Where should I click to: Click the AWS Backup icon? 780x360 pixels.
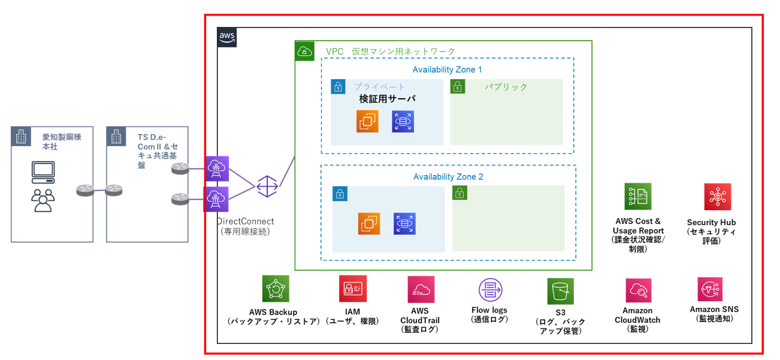click(276, 289)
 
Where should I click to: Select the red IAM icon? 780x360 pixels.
click(352, 289)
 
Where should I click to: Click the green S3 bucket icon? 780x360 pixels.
click(560, 291)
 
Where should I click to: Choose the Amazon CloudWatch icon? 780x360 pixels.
click(639, 291)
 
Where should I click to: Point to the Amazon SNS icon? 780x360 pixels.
click(710, 289)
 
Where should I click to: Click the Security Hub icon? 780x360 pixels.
click(717, 197)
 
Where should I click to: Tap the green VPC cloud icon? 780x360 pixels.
click(304, 52)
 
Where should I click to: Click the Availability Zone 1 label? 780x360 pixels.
click(447, 70)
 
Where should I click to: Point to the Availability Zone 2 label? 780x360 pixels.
click(448, 177)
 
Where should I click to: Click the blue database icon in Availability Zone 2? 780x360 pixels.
click(404, 224)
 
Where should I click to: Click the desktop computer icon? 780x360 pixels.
click(43, 172)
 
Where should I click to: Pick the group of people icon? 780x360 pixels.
click(43, 200)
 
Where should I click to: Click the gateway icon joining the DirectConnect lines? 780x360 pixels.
click(267, 186)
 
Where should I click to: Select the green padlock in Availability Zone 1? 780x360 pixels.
click(458, 87)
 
